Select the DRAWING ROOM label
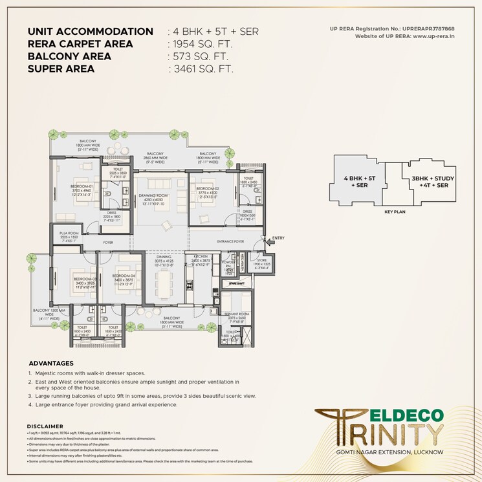(153, 195)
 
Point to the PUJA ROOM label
(68, 233)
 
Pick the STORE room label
(261, 260)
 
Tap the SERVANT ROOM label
(236, 314)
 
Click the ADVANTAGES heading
(51, 364)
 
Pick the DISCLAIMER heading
(45, 426)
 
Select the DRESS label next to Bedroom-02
(247, 211)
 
